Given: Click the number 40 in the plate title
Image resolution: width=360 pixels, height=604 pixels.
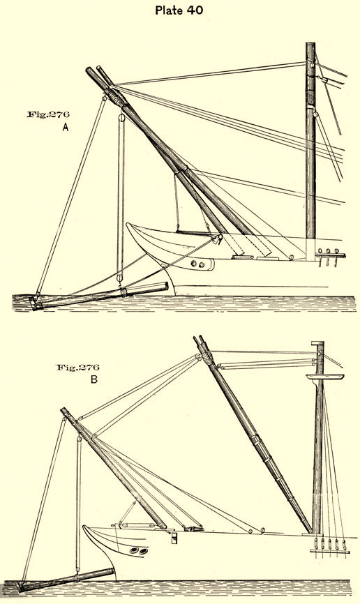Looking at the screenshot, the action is point(195,10).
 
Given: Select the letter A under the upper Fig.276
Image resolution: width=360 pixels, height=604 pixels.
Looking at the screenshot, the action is point(66,127).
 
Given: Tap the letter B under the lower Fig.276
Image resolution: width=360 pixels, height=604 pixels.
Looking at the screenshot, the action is point(94,379).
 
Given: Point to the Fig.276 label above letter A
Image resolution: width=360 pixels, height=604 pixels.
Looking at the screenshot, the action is point(48,114).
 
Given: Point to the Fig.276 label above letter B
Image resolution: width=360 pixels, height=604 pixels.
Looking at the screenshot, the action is point(78,367).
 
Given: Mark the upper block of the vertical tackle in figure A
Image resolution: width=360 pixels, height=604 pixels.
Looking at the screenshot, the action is point(122,116).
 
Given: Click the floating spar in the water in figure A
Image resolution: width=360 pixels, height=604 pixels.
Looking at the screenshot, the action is point(100,296).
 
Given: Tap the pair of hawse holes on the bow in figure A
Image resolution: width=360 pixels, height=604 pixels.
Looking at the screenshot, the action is point(197,264).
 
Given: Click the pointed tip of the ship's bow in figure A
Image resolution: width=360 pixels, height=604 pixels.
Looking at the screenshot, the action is point(128,224).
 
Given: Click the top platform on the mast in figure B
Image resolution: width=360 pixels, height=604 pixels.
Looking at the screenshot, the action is point(325,377).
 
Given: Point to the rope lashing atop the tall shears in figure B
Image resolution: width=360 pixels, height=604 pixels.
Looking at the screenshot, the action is point(207,358).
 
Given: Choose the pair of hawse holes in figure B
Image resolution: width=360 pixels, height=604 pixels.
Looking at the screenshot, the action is point(138,550).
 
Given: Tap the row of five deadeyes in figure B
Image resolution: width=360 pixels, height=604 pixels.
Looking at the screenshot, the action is point(330,544).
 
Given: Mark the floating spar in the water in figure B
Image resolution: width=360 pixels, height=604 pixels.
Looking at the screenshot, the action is point(66,580).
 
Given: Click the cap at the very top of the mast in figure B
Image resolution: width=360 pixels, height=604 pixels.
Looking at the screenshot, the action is point(317,343).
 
